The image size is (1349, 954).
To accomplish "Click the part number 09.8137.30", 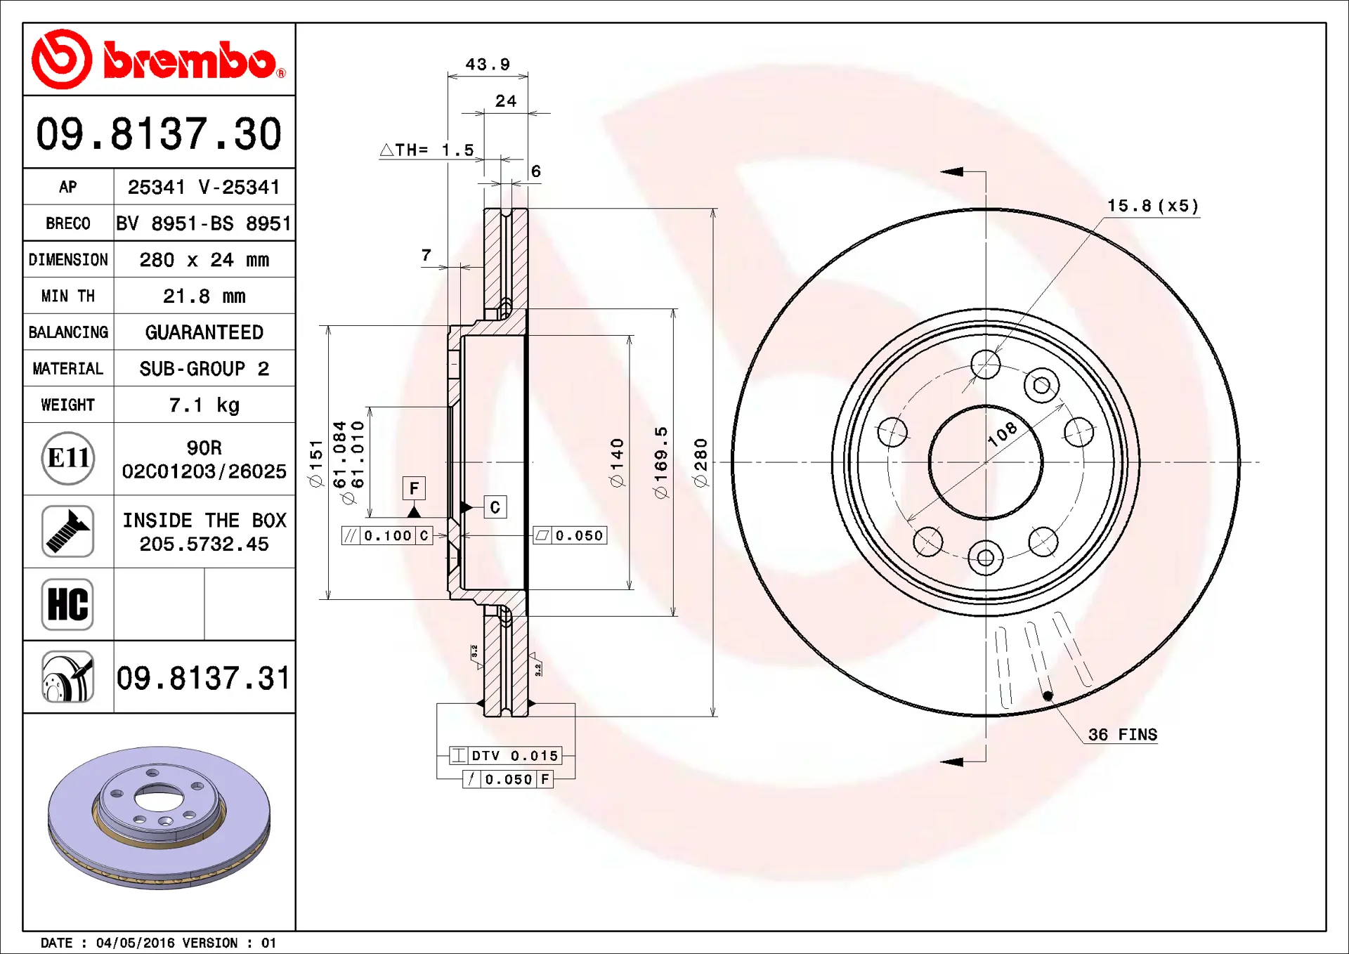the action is pyautogui.click(x=159, y=133).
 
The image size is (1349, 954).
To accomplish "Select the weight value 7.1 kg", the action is pyautogui.click(x=204, y=405).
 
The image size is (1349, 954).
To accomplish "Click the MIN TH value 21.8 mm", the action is pyautogui.click(x=204, y=296).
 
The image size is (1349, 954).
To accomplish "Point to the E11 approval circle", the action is pyautogui.click(x=67, y=459).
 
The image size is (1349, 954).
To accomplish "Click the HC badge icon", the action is pyautogui.click(x=67, y=604).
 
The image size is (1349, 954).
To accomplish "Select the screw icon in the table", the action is pyautogui.click(x=67, y=531).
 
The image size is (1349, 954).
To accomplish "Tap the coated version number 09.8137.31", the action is pyautogui.click(x=203, y=678).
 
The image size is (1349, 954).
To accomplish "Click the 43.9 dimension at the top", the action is pyautogui.click(x=488, y=65).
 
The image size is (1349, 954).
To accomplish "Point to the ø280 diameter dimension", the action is pyautogui.click(x=700, y=462).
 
